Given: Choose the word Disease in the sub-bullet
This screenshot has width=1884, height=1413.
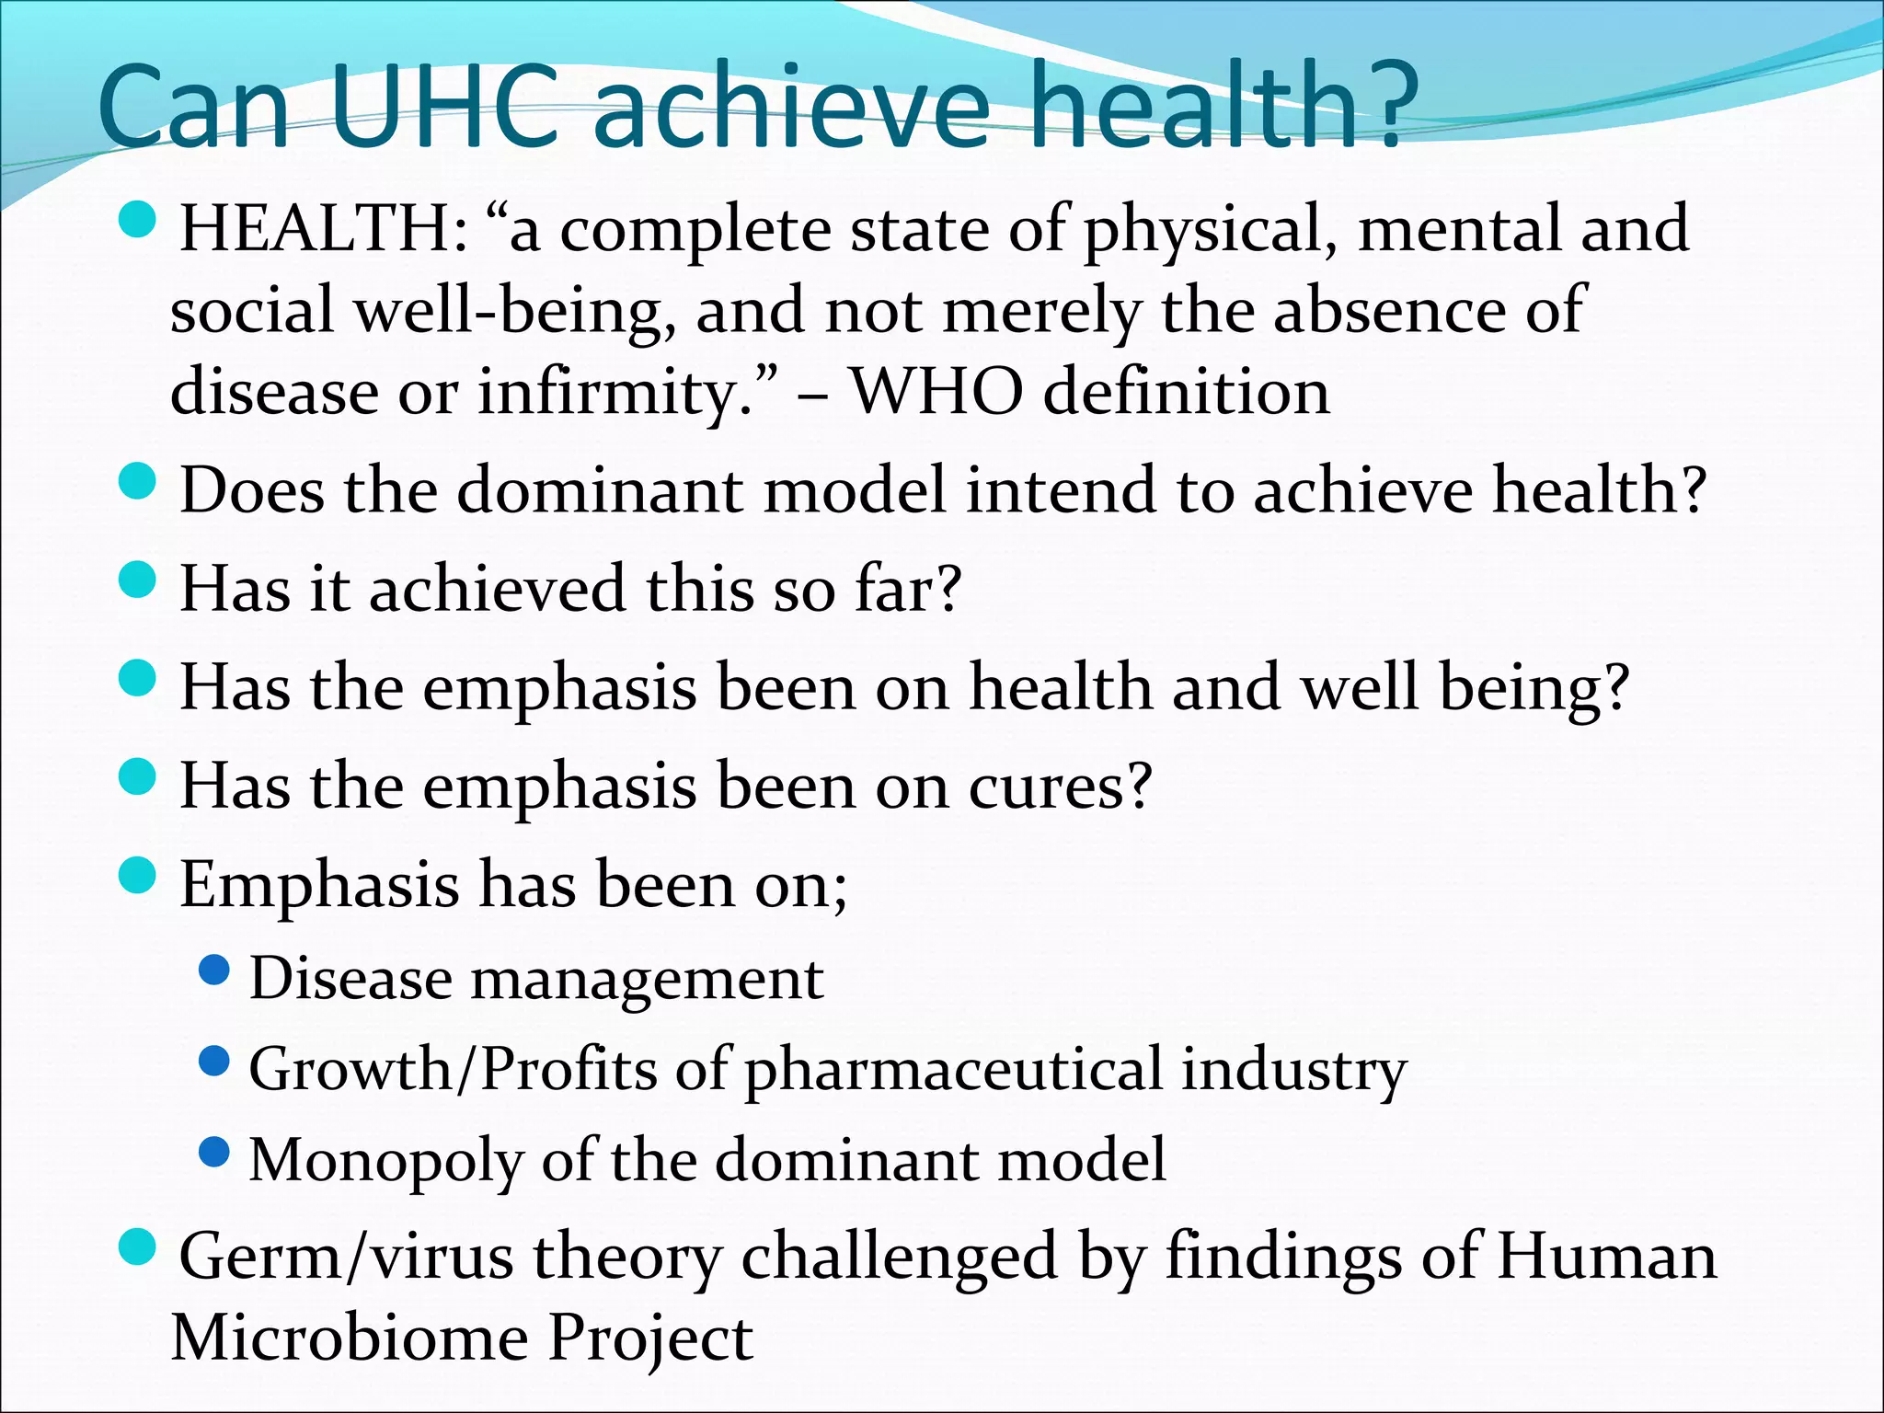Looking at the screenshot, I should pyautogui.click(x=350, y=978).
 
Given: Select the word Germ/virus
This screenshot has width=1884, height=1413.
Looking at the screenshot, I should pyautogui.click(x=346, y=1258).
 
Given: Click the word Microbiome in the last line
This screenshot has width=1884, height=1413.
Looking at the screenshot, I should pyautogui.click(x=350, y=1338).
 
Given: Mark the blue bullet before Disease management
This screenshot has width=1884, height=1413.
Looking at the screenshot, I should pyautogui.click(x=213, y=970).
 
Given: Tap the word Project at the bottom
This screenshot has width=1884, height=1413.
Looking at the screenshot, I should pyautogui.click(x=651, y=1339).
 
